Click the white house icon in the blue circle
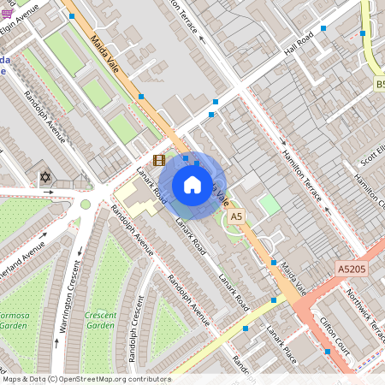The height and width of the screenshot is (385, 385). pos(192,185)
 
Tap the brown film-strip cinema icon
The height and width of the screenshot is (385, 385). pos(158,160)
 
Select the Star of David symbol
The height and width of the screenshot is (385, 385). pos(45,177)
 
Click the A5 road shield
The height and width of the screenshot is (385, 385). pos(237,218)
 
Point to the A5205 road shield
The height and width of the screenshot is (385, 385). pos(352,269)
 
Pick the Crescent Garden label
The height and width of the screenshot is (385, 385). pos(100,320)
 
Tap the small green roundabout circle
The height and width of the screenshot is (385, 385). pos(86,204)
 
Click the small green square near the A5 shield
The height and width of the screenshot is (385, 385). pos(269,204)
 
